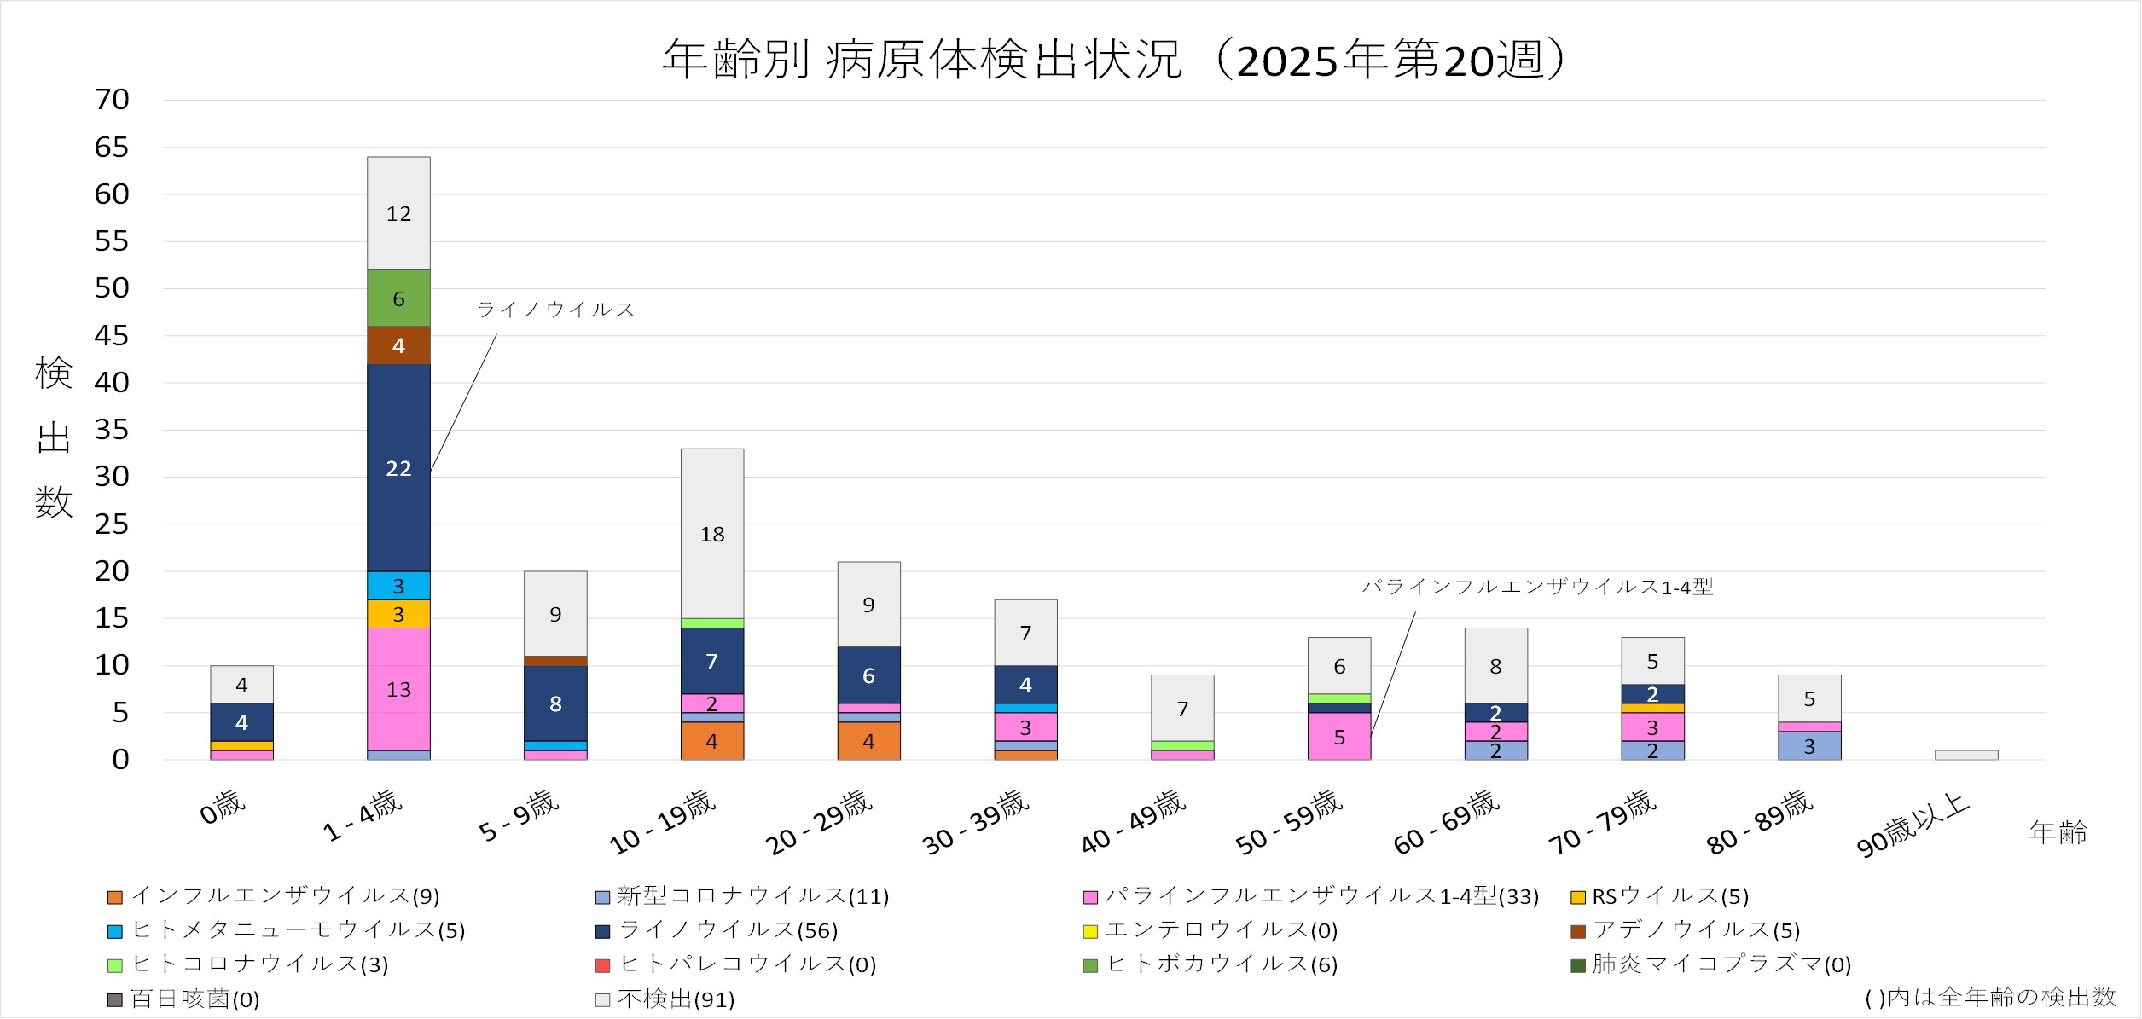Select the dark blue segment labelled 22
coord(398,467)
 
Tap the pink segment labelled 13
coord(398,689)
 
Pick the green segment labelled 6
coord(398,298)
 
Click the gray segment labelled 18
coord(712,534)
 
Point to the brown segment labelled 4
coord(398,345)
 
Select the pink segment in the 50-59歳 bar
coord(1339,736)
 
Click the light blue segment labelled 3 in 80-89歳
coord(1809,746)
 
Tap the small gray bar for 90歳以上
coord(1966,755)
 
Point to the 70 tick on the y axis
coord(112,100)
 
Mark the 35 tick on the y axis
coord(112,430)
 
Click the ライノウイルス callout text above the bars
coord(555,310)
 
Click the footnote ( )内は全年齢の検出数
coord(1991,997)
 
